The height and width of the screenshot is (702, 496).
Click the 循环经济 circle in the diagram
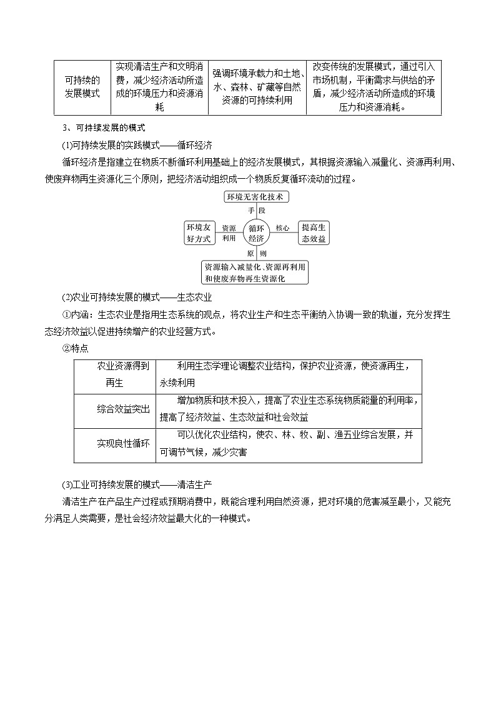click(256, 233)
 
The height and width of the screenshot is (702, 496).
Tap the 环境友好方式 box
click(198, 233)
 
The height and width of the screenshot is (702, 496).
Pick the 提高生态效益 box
click(314, 233)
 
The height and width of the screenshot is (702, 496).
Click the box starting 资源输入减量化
click(255, 272)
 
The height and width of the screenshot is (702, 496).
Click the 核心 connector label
click(282, 228)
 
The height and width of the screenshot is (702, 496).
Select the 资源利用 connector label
click(229, 233)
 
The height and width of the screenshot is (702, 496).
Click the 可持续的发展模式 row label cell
click(82, 87)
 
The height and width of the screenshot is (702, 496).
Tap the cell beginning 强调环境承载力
click(257, 87)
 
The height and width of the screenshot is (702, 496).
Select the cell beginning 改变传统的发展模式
click(374, 87)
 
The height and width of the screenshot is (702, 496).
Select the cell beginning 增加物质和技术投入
click(289, 410)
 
